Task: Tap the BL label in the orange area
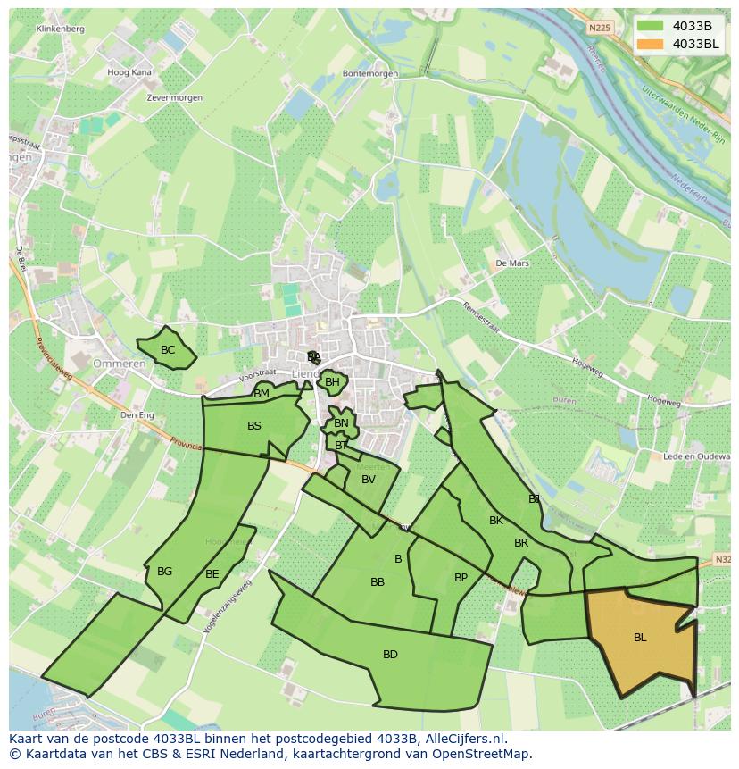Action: tap(640, 638)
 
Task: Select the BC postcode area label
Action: tap(168, 350)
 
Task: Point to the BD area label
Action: tap(390, 655)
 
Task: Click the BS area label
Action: tap(254, 426)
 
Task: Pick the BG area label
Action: tap(164, 572)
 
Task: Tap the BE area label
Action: tap(212, 574)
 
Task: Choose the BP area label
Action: tap(461, 578)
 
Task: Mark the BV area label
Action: tap(369, 480)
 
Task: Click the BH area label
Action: tap(332, 382)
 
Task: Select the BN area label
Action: tap(341, 423)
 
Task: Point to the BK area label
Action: tap(496, 521)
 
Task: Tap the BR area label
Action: tap(521, 543)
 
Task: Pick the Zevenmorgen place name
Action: tap(175, 97)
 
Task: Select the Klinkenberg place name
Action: tap(61, 29)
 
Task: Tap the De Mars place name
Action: tap(512, 263)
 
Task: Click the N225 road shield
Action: tap(599, 28)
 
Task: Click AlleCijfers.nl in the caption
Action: tap(463, 739)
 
